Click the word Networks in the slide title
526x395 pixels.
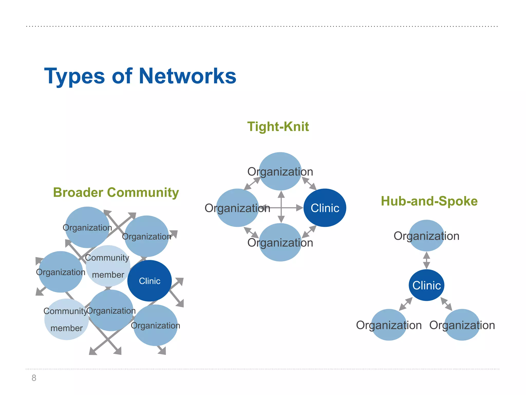(x=187, y=76)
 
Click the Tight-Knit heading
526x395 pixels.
(x=278, y=127)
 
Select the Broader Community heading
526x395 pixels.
(x=116, y=193)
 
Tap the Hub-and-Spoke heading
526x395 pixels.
(x=429, y=201)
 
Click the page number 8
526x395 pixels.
(x=34, y=378)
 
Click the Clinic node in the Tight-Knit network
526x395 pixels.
(x=325, y=208)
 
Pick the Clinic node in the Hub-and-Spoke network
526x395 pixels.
(x=426, y=285)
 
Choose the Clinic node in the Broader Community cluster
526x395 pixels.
(x=149, y=281)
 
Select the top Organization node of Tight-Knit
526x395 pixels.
(x=280, y=171)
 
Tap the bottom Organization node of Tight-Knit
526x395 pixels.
(x=280, y=243)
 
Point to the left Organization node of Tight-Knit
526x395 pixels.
(x=237, y=208)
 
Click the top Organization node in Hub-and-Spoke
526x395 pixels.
(x=426, y=236)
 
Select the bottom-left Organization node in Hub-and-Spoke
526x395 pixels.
(x=389, y=325)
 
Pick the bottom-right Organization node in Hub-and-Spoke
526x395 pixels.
(x=462, y=325)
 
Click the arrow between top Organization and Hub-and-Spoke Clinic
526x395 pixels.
(x=426, y=261)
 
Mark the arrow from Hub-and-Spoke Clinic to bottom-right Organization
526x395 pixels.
(x=446, y=304)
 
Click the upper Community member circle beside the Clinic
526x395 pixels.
(x=108, y=266)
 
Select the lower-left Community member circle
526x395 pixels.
(x=67, y=319)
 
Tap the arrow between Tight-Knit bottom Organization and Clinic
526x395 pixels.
(x=309, y=232)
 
